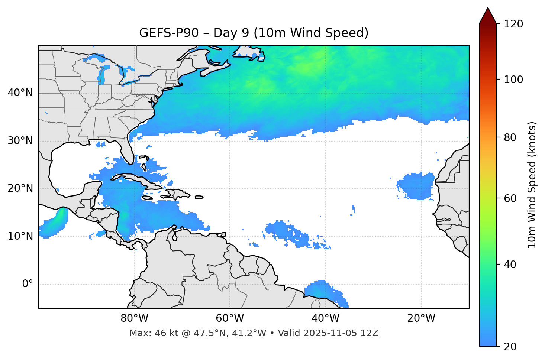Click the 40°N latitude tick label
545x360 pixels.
[20, 93]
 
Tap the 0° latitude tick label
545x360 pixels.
[28, 284]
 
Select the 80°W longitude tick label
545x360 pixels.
[134, 318]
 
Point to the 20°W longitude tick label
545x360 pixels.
[421, 318]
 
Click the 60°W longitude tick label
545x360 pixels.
[230, 318]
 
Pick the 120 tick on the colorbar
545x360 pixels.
[513, 24]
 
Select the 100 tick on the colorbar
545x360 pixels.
[513, 80]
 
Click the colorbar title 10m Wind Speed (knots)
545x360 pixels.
[532, 185]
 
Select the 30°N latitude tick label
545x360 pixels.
[20, 141]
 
